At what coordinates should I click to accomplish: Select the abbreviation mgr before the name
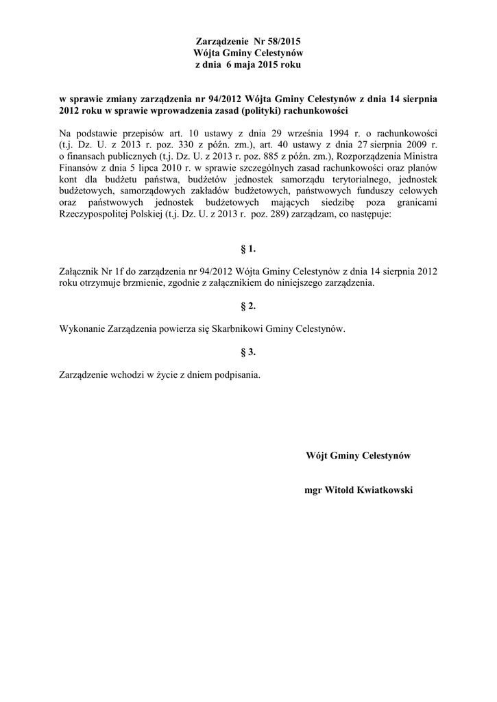pyautogui.click(x=312, y=491)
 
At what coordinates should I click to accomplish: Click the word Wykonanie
pyautogui.click(x=83, y=329)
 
